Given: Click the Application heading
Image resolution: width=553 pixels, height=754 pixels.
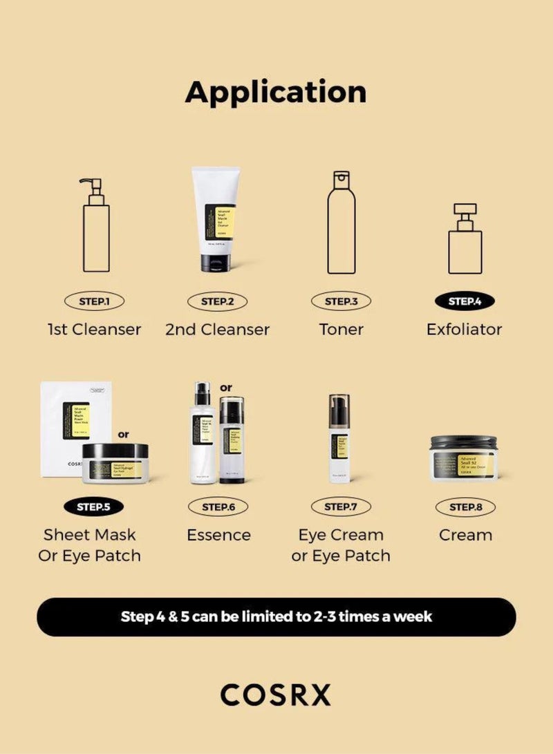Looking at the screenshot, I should tap(276, 93).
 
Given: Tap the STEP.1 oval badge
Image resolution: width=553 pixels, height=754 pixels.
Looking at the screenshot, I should tap(95, 301).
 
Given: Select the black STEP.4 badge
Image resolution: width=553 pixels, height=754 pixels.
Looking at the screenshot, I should tap(464, 301).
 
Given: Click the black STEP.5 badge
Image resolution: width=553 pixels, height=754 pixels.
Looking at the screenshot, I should tap(95, 507).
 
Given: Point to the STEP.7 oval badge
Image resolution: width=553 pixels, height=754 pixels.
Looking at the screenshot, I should tap(340, 507).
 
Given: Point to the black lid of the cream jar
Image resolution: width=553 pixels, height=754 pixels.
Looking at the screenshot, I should tap(463, 441).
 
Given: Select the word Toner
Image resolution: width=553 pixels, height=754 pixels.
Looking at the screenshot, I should tap(341, 330).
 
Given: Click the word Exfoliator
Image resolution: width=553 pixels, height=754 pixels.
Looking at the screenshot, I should tap(464, 330).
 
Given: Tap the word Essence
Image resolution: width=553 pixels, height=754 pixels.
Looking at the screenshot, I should tap(218, 535).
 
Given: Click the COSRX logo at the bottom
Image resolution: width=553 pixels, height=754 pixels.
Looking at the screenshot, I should tap(276, 695).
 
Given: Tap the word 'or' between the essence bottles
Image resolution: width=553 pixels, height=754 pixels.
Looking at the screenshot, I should tap(226, 388).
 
